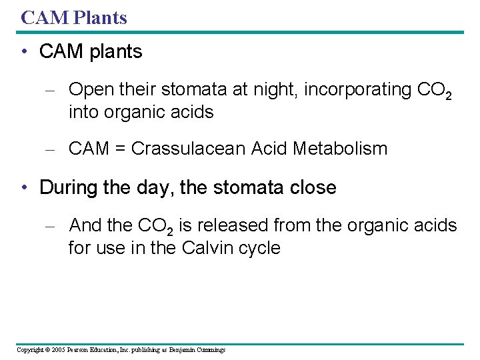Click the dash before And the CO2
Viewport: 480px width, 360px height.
click(x=47, y=227)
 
